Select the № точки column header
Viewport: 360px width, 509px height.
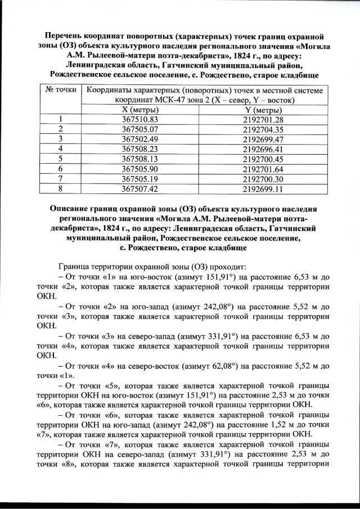(x=60, y=90)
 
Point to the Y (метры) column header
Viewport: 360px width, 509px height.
(x=262, y=110)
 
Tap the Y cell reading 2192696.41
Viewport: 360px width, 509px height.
(x=262, y=148)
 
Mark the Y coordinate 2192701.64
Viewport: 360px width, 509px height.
(x=262, y=168)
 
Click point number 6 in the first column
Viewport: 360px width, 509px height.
(x=60, y=168)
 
